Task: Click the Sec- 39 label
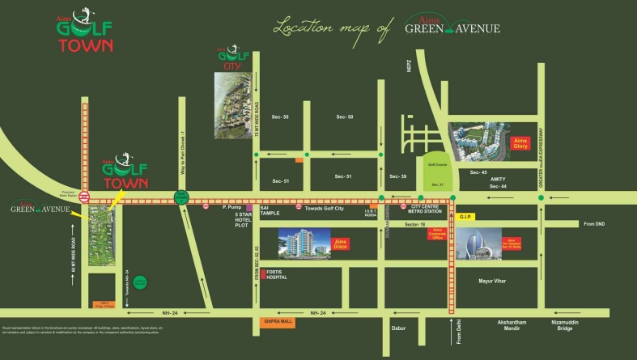397,176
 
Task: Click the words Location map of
332,28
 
